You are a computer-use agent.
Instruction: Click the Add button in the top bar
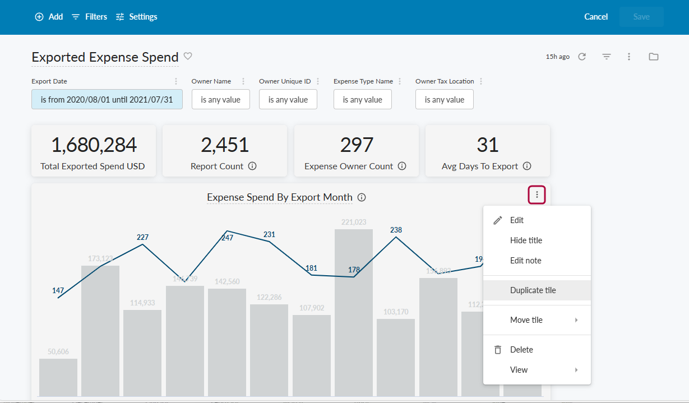[x=49, y=17]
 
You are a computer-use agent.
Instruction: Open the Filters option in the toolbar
[x=89, y=17]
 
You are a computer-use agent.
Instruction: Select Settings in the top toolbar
[x=136, y=17]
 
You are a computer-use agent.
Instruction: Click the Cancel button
[x=596, y=17]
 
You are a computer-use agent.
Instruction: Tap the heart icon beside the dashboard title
[x=188, y=56]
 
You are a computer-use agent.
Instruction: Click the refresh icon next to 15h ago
[x=582, y=57]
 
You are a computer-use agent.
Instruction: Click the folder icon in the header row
[x=653, y=57]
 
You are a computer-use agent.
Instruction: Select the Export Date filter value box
[x=107, y=99]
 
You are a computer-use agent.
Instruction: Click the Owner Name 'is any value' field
[x=220, y=99]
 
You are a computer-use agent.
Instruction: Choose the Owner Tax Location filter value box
[x=444, y=99]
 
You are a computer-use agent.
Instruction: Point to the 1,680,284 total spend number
[x=94, y=145]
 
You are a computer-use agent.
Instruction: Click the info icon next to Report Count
[x=252, y=166]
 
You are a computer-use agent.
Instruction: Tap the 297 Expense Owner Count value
[x=357, y=145]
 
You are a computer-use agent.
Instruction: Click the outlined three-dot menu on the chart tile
[x=537, y=195]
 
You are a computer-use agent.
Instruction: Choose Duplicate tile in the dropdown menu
[x=533, y=290]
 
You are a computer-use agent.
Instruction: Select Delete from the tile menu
[x=521, y=350]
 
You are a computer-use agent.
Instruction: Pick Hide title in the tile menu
[x=526, y=240]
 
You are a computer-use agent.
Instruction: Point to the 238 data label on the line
[x=396, y=230]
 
